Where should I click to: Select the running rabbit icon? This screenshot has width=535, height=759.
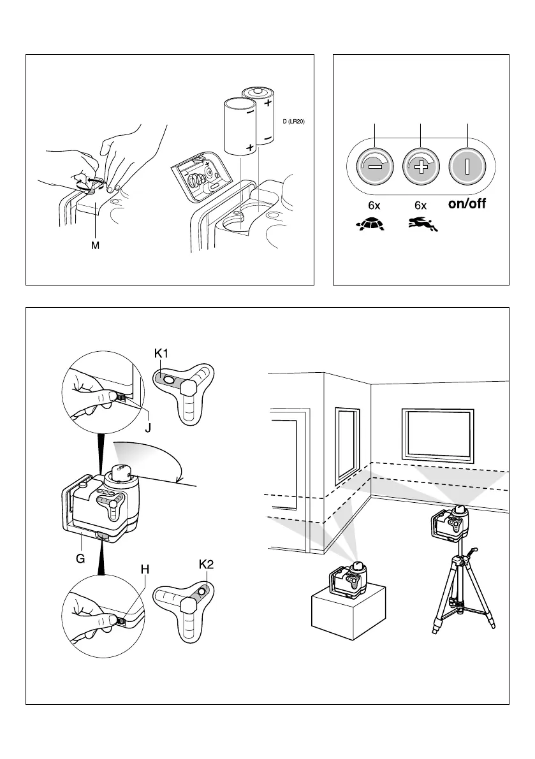(x=421, y=224)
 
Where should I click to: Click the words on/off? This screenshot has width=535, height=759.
(x=467, y=205)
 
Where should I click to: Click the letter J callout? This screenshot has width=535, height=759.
(x=147, y=428)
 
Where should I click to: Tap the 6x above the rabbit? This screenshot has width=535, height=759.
(x=421, y=206)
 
